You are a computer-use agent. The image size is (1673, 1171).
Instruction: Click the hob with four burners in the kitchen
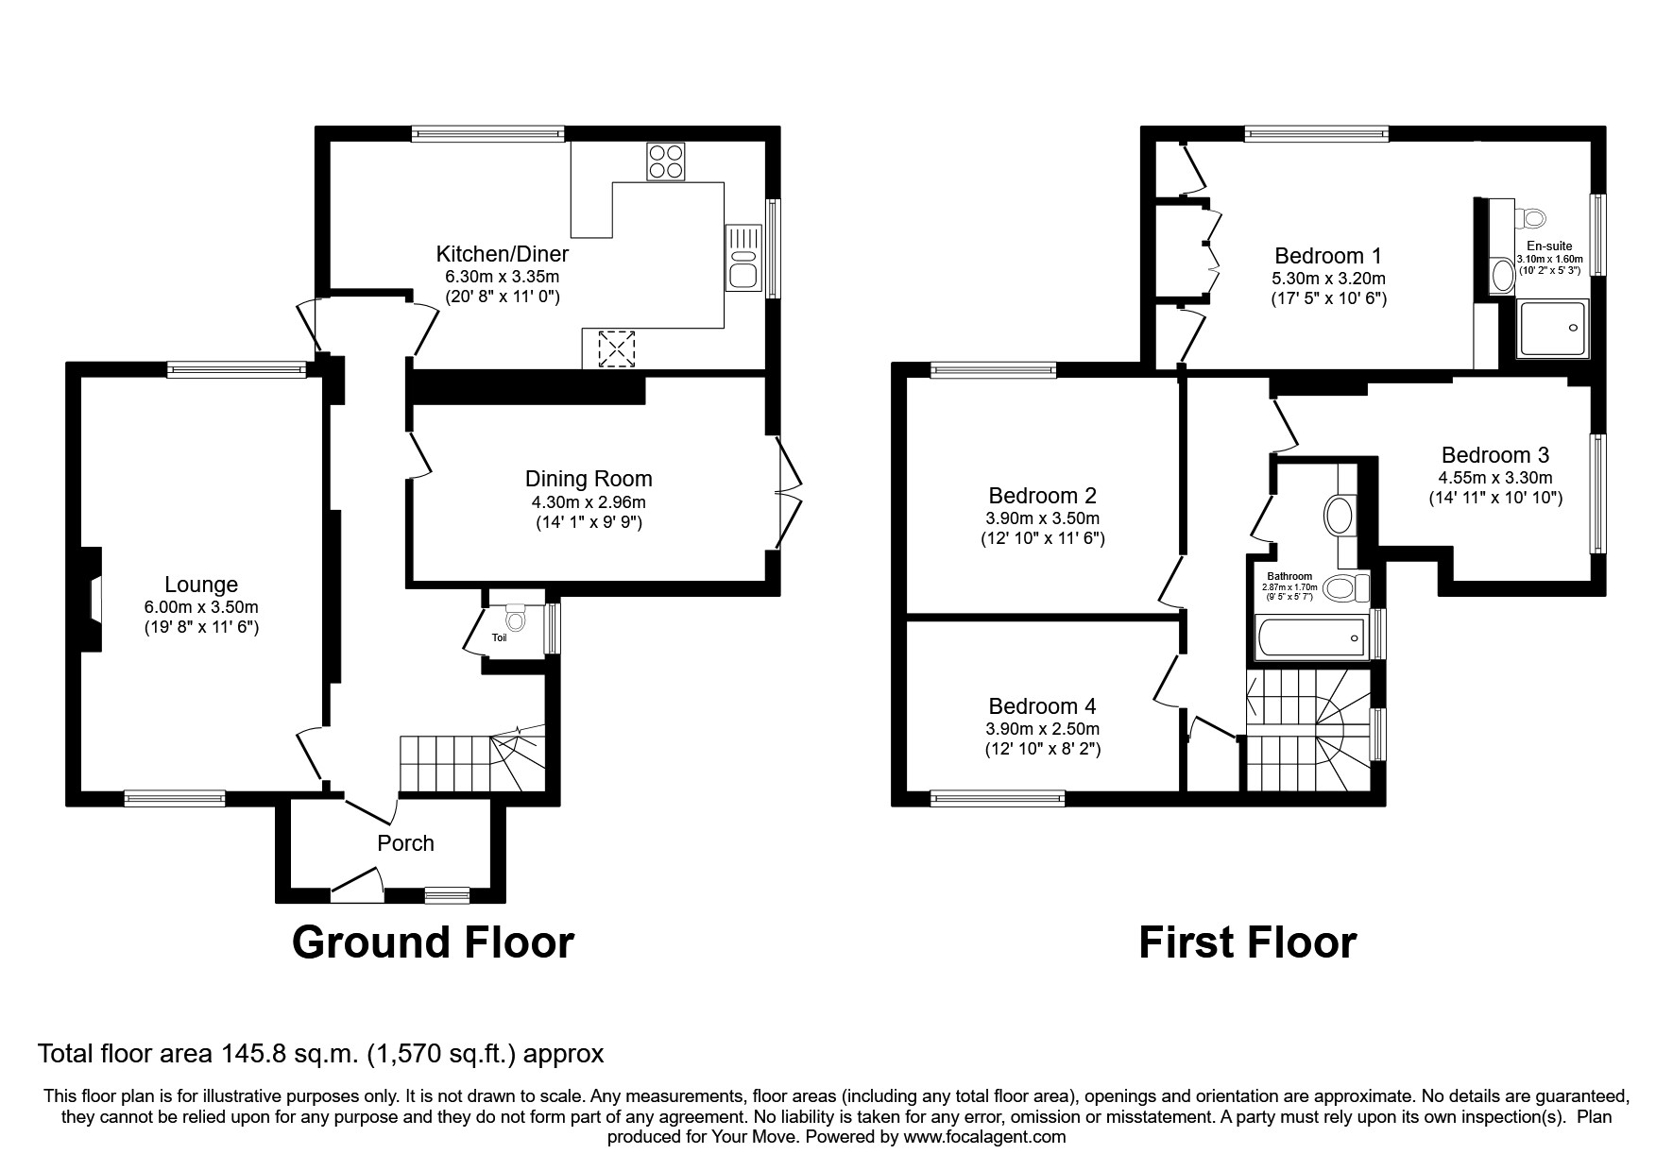click(x=666, y=161)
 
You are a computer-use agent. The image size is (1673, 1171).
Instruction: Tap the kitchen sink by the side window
click(x=743, y=258)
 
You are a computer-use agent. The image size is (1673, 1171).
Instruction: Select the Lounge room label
click(x=201, y=585)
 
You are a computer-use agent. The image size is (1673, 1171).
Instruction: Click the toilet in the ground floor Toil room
click(x=515, y=619)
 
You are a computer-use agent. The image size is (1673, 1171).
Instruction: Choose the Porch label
click(x=405, y=843)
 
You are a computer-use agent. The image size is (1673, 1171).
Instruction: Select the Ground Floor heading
click(x=433, y=942)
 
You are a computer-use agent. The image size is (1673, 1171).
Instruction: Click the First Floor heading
click(x=1247, y=942)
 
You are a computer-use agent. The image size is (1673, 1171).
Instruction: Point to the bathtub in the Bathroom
click(x=1310, y=638)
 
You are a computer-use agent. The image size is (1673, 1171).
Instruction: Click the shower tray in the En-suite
click(x=1552, y=329)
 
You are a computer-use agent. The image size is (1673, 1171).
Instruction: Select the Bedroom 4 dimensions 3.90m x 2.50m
click(x=1042, y=729)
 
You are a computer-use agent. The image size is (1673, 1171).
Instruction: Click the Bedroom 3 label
click(x=1494, y=455)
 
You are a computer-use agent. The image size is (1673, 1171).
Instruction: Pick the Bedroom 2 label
click(x=1042, y=496)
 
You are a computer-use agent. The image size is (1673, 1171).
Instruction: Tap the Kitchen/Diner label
click(x=502, y=254)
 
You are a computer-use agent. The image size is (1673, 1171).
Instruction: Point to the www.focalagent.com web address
click(x=984, y=1137)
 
